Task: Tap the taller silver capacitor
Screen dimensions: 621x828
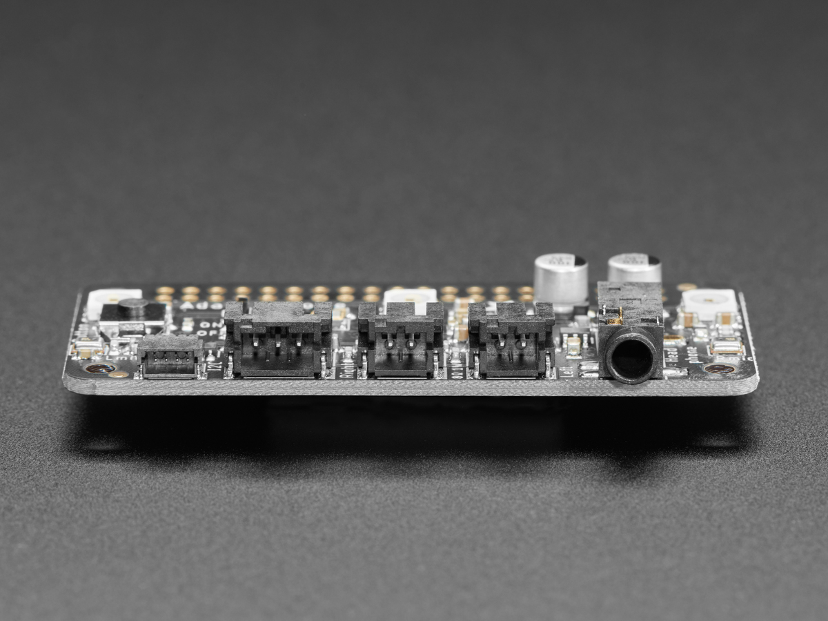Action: click(560, 277)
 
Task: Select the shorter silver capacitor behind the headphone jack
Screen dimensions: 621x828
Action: click(634, 268)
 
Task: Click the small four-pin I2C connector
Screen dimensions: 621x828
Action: click(170, 357)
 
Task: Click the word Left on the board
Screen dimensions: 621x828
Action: click(566, 370)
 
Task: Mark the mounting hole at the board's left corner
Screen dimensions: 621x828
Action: click(99, 368)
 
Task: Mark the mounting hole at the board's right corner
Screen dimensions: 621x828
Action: click(719, 369)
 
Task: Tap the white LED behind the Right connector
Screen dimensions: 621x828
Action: click(411, 297)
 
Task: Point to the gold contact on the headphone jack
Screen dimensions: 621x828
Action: click(613, 317)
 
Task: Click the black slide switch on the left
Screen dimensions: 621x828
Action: click(133, 310)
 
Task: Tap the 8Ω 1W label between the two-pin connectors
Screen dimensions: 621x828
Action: click(456, 366)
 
